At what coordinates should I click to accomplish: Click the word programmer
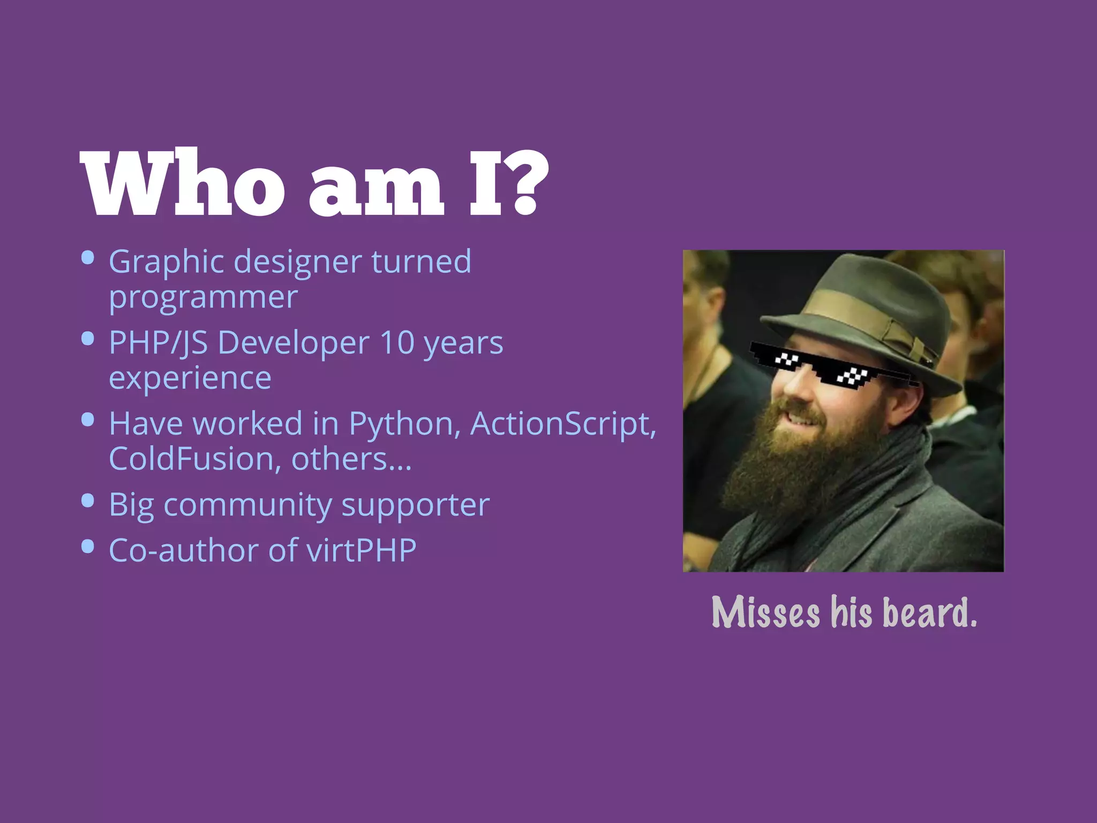click(203, 297)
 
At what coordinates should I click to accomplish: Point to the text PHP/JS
click(158, 343)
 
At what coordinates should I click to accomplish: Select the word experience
click(190, 378)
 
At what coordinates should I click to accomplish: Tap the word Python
click(404, 424)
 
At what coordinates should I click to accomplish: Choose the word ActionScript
click(562, 424)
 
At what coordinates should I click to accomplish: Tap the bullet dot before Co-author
click(88, 546)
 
